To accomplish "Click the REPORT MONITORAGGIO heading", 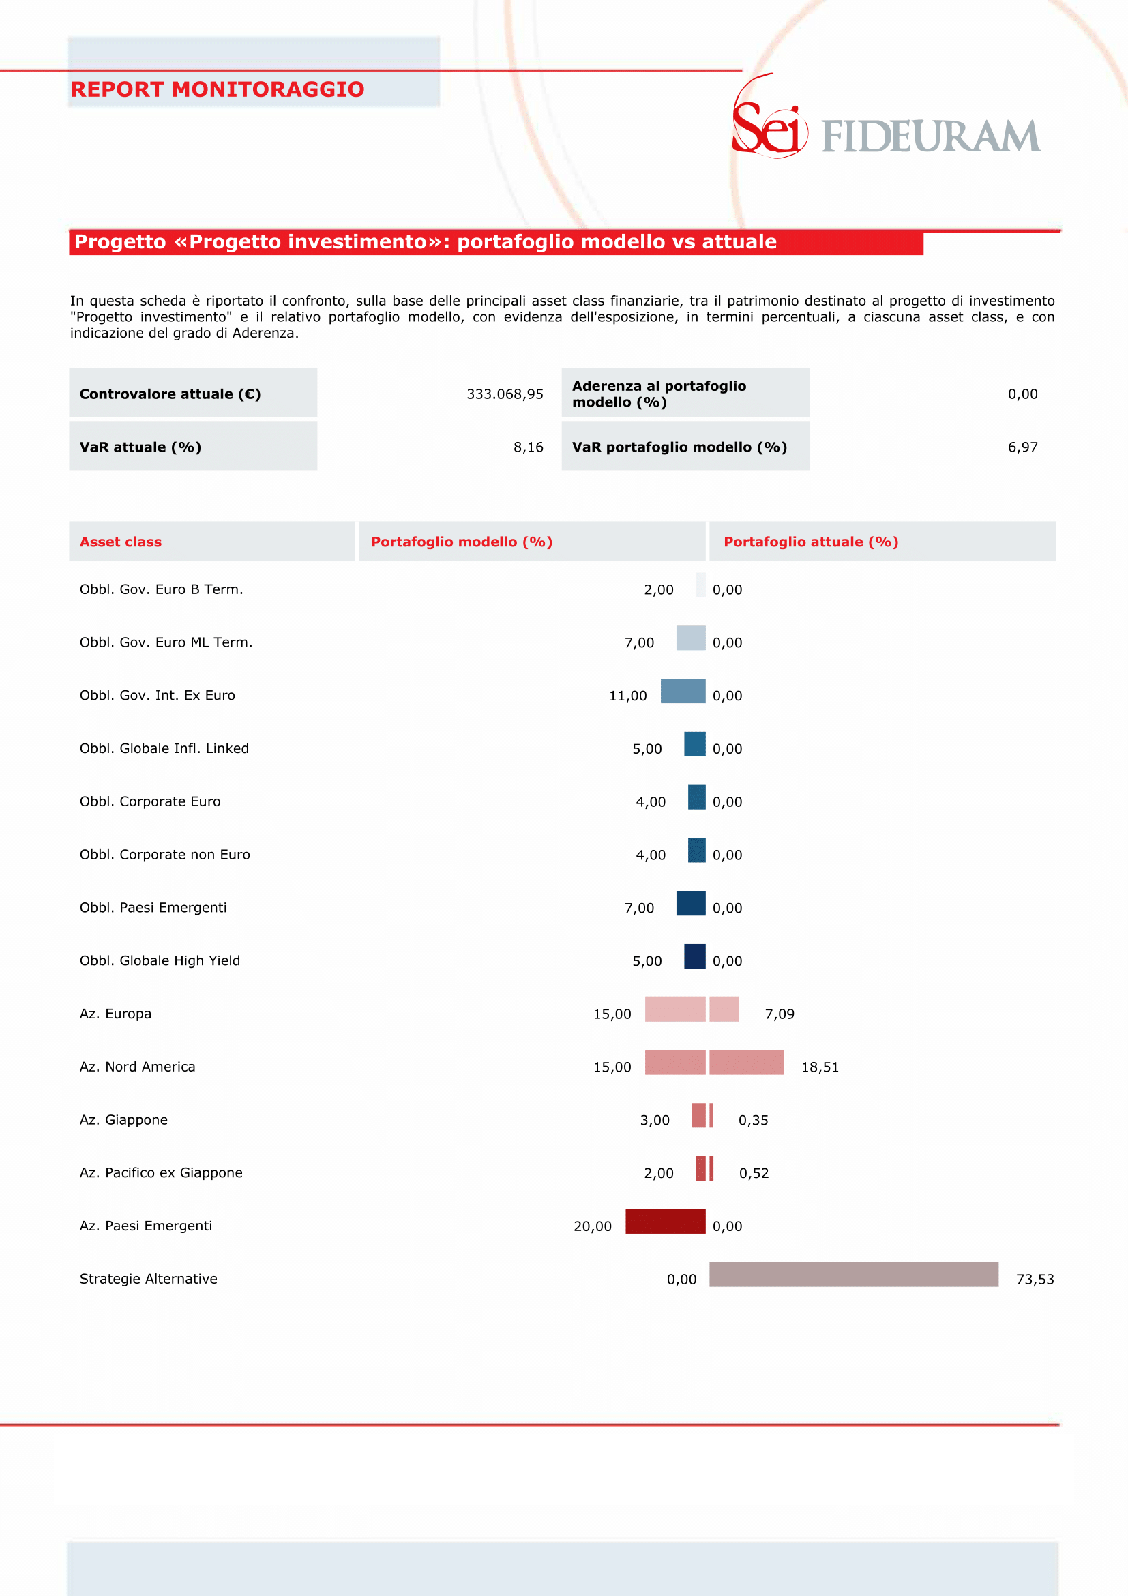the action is click(x=218, y=89).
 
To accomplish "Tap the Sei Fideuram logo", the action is click(x=886, y=117).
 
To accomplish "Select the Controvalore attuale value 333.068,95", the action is click(x=505, y=394).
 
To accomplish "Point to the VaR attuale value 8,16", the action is click(x=529, y=447).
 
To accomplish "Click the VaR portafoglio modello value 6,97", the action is click(x=1022, y=447).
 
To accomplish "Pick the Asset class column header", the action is click(x=120, y=542).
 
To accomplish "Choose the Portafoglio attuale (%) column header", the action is click(x=810, y=542).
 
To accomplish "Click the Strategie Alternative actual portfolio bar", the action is click(x=853, y=1274).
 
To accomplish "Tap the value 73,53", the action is click(x=1035, y=1279).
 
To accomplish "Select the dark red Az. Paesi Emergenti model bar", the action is click(x=665, y=1222).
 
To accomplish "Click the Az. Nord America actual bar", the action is click(x=747, y=1062).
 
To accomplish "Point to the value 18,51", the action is click(x=820, y=1067).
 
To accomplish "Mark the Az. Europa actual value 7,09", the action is click(x=779, y=1014).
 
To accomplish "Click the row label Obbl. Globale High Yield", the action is click(x=160, y=960).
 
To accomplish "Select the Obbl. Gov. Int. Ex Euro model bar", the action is click(x=683, y=691).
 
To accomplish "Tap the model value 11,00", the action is click(x=627, y=696).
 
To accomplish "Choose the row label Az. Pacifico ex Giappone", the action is click(x=161, y=1172).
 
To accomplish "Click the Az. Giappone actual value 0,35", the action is click(x=754, y=1120).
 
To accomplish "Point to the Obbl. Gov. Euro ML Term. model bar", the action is click(x=691, y=638).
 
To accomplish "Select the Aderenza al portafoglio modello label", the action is click(x=659, y=394).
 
